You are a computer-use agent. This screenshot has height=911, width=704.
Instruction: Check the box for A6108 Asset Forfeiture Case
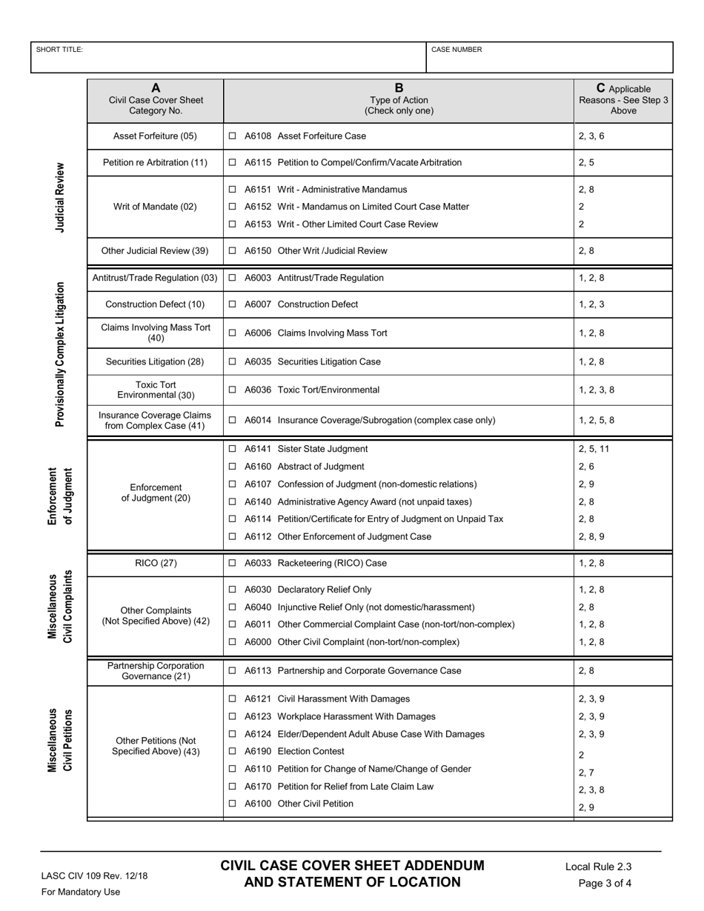click(x=233, y=136)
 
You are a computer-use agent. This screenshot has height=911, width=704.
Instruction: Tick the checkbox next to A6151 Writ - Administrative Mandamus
click(x=233, y=190)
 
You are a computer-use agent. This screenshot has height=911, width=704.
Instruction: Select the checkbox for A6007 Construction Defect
click(x=233, y=304)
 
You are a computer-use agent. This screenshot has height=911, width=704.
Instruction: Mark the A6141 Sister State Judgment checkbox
click(x=233, y=449)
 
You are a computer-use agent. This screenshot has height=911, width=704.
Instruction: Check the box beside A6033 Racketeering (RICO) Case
click(x=233, y=563)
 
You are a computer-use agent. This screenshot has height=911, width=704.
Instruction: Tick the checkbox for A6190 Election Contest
click(x=233, y=751)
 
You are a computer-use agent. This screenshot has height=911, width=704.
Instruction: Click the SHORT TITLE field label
click(x=59, y=50)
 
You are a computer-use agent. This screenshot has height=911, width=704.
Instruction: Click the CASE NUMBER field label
click(x=456, y=50)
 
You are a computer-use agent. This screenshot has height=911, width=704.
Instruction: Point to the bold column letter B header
click(x=399, y=87)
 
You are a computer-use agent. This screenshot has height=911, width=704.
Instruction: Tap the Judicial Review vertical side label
click(x=60, y=198)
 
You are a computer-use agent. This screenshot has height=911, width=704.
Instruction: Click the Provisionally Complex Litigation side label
click(x=60, y=354)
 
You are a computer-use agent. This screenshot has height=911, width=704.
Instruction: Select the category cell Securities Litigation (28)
click(x=155, y=361)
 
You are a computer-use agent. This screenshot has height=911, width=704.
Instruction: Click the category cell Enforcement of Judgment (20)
click(x=156, y=493)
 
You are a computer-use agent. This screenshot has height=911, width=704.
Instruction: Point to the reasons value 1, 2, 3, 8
click(x=597, y=390)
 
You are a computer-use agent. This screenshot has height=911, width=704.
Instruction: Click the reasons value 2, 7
click(x=586, y=772)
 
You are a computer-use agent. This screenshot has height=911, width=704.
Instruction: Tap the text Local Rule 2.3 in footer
click(x=598, y=867)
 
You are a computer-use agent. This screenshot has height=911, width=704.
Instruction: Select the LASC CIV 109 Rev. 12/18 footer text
click(x=94, y=875)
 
